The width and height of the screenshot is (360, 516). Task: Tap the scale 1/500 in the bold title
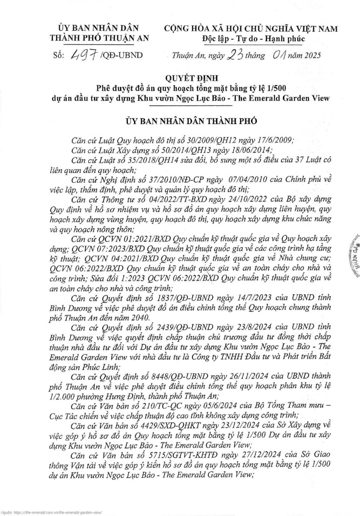tap(277, 88)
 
